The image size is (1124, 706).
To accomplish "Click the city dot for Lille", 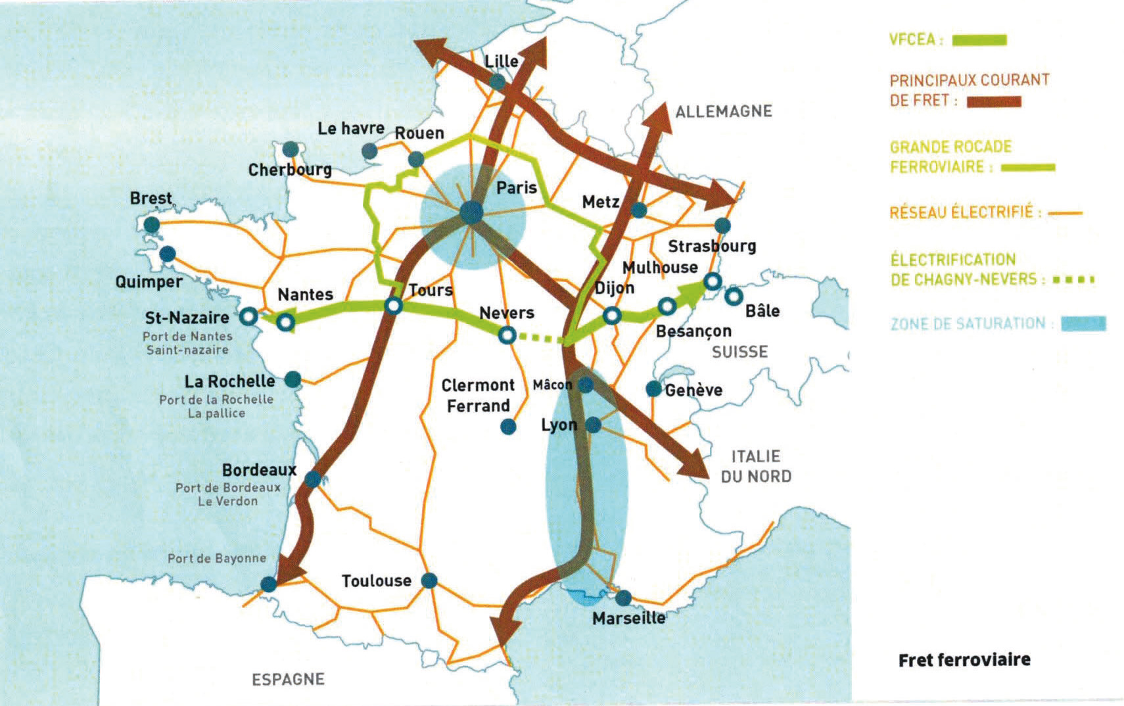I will coord(498,82).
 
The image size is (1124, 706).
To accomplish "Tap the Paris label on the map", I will coord(517,188).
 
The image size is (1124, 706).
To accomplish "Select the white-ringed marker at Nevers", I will coord(507,336).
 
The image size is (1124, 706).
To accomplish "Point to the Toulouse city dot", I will coord(429,580).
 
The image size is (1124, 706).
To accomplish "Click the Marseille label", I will coord(628,619).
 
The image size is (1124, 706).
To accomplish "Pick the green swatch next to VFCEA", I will coord(979,41).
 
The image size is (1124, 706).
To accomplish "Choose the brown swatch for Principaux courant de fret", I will coord(994,102).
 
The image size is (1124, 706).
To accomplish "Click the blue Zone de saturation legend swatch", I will coord(1083,323).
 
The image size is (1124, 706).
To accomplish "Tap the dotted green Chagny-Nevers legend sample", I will coord(1073,280).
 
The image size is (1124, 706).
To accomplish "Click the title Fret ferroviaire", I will coord(964,660).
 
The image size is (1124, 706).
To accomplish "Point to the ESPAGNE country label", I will coord(288,679).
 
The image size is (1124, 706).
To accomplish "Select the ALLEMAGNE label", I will coord(723,111).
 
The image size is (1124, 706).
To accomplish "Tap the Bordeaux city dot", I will coord(313,479).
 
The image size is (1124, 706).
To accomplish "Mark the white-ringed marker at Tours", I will coord(393,306).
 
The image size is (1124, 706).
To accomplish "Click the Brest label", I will coord(151,199).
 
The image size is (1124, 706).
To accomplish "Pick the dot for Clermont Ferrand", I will coord(508,427).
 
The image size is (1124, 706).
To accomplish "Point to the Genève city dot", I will coord(653,389).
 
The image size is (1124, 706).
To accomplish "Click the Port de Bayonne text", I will coord(217,559).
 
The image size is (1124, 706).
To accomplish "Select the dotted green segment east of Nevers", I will coord(539,339).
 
